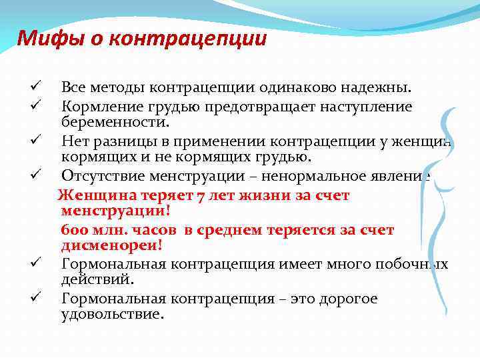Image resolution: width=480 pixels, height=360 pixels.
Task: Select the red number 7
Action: (x=201, y=195)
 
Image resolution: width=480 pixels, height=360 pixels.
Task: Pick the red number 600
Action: (x=73, y=230)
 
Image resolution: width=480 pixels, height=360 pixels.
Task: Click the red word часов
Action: (x=153, y=230)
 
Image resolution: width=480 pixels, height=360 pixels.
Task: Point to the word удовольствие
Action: (x=112, y=315)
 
